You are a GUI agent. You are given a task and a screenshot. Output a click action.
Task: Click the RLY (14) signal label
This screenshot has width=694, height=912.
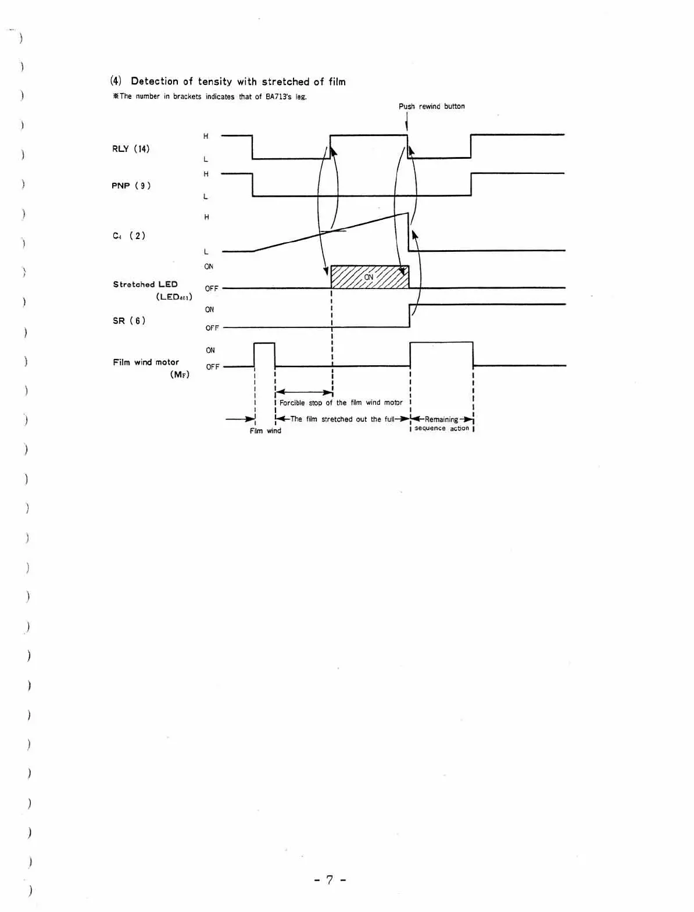click(131, 149)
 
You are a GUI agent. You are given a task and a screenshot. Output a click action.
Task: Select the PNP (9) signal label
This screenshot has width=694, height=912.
click(131, 186)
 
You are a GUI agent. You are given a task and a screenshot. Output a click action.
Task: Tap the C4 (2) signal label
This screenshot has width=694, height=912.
click(128, 236)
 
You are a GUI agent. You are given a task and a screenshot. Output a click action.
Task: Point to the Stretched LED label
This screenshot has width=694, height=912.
click(145, 284)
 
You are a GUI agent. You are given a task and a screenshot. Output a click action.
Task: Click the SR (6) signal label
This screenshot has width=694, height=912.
click(128, 320)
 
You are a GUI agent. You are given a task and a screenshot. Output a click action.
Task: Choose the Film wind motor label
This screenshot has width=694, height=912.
click(146, 362)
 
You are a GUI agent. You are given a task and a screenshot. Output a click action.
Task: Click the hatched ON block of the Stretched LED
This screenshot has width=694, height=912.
click(370, 277)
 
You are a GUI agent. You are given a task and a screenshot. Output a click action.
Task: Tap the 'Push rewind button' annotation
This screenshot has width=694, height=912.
click(431, 106)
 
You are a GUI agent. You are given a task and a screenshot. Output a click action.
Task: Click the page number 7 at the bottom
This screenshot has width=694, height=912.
click(330, 880)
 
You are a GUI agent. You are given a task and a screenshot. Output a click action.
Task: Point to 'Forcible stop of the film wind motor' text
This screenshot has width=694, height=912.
click(341, 402)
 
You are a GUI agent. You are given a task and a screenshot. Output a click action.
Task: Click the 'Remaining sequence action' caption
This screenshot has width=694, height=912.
click(442, 423)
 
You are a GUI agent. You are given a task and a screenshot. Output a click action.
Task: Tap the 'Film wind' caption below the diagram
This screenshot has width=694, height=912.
click(265, 431)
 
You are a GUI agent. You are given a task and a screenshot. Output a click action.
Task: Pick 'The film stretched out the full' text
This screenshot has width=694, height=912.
click(342, 419)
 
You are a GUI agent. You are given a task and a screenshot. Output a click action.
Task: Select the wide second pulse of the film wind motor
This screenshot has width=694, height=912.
click(441, 352)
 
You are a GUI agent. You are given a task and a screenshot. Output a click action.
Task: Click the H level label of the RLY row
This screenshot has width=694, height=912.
click(206, 137)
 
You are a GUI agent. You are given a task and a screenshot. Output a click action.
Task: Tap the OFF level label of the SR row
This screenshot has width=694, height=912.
click(212, 328)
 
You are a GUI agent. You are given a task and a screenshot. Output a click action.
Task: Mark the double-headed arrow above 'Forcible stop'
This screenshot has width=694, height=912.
click(303, 393)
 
